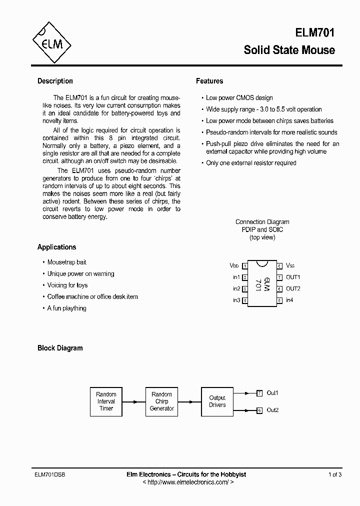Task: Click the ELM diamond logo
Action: click(51, 43)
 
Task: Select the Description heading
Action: click(55, 81)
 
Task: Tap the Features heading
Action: click(209, 81)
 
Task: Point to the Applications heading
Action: click(56, 247)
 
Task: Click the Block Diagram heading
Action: click(60, 348)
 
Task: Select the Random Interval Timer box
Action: click(106, 401)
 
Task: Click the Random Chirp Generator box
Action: click(161, 401)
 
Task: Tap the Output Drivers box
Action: click(217, 401)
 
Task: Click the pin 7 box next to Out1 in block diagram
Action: click(259, 393)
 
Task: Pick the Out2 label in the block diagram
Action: click(272, 410)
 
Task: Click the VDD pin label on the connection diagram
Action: click(234, 265)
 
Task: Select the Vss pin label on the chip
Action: click(290, 265)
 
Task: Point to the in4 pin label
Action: click(289, 300)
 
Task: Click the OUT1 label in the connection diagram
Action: click(293, 277)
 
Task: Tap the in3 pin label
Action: click(236, 300)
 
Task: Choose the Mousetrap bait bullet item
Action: click(66, 262)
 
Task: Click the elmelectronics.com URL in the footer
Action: click(188, 482)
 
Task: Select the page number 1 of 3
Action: click(335, 474)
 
